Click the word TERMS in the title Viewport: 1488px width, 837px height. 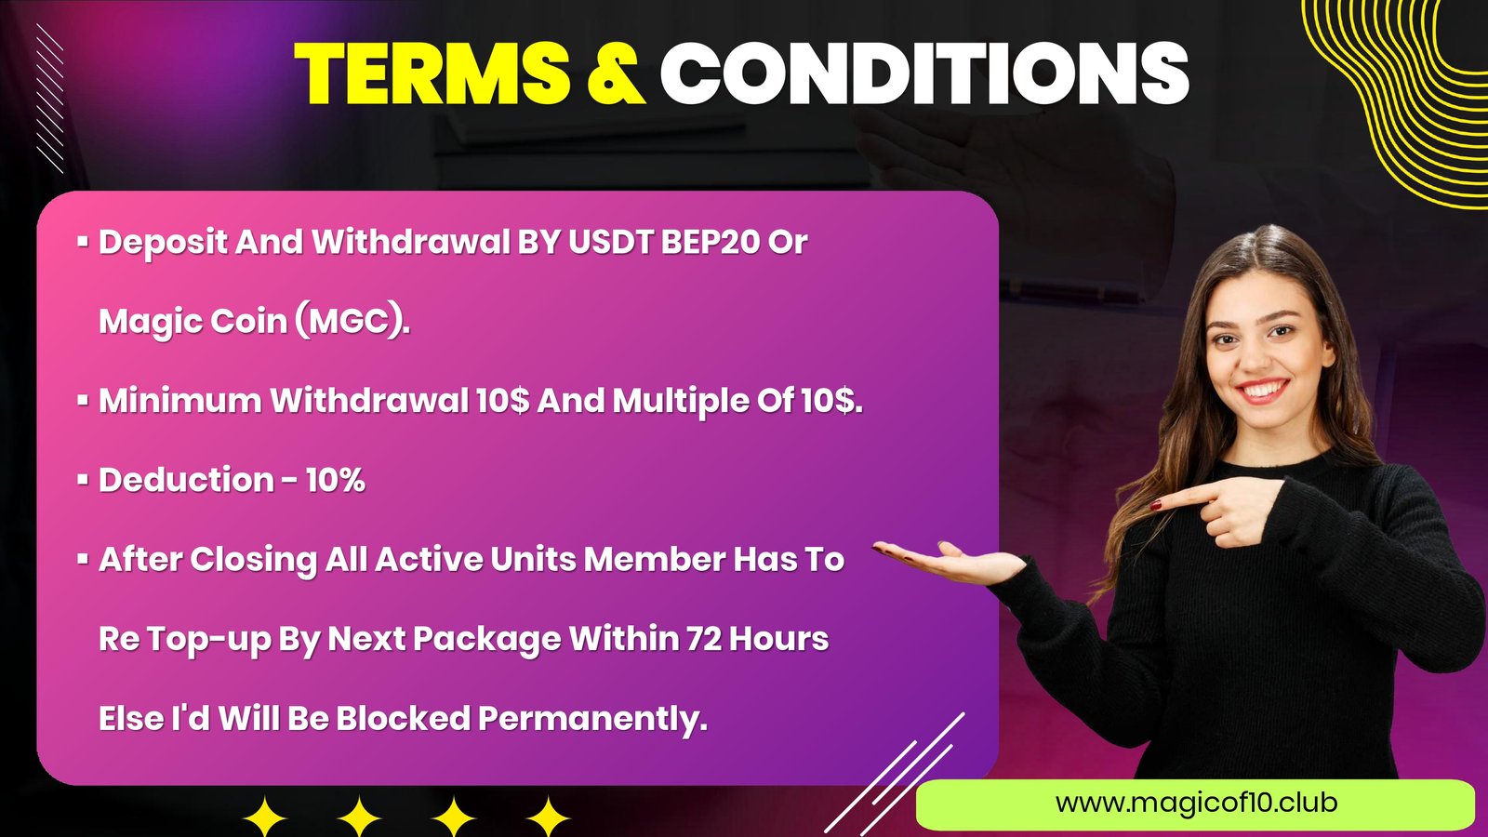[x=432, y=73]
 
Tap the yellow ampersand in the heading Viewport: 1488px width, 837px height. [x=617, y=73]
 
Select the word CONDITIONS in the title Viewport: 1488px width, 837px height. [x=924, y=73]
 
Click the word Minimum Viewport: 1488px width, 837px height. [x=180, y=401]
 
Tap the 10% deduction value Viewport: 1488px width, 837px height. [x=336, y=480]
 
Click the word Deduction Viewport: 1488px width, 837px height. [x=186, y=480]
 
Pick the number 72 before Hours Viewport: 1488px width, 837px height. [x=704, y=639]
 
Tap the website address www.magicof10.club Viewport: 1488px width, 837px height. [x=1196, y=803]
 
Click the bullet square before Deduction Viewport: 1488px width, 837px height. [x=83, y=480]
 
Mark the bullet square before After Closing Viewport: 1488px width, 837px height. [x=83, y=559]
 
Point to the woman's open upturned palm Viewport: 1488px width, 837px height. [x=957, y=565]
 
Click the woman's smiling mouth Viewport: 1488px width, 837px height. [x=1261, y=390]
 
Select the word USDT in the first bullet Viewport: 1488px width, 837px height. [x=611, y=242]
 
